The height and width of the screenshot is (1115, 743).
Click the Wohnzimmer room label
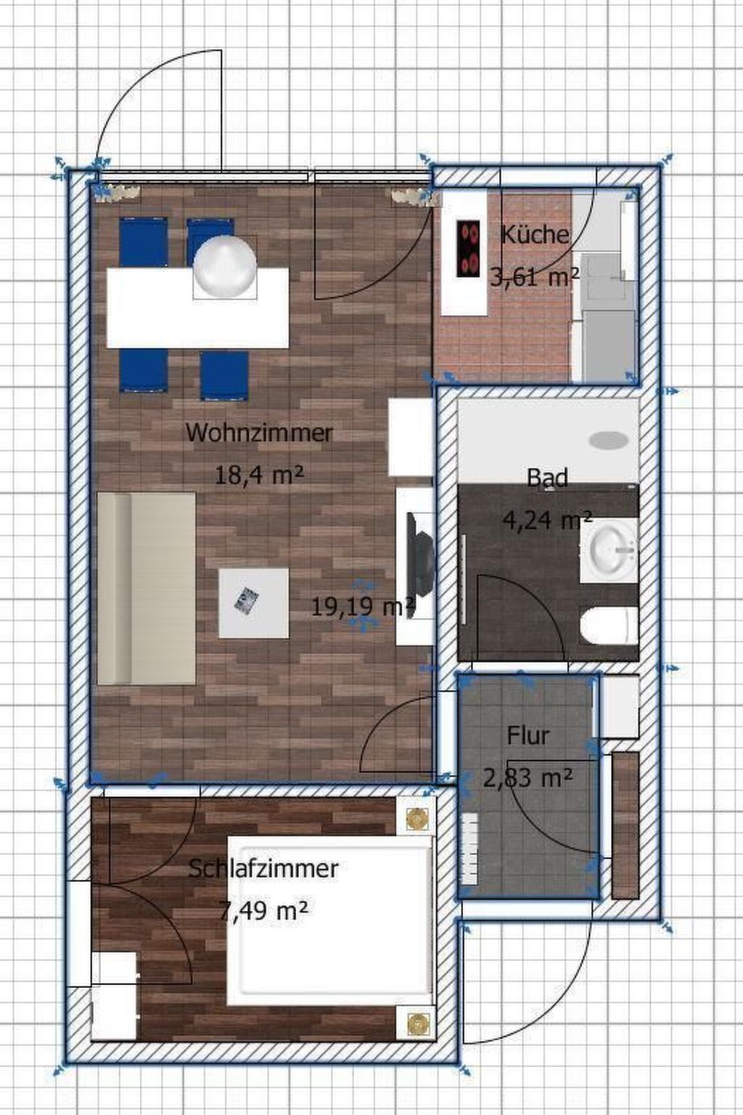[x=259, y=432]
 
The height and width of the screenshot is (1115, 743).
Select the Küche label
[x=535, y=234]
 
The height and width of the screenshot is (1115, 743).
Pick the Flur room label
[x=528, y=735]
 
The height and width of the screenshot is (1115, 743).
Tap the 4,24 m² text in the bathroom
[x=547, y=520]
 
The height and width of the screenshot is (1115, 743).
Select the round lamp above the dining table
[x=225, y=267]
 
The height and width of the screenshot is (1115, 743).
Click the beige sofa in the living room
[x=147, y=589]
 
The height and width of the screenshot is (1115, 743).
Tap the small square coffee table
[x=254, y=603]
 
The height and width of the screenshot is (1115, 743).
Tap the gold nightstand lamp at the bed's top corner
[x=416, y=819]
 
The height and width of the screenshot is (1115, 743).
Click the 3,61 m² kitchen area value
[x=535, y=277]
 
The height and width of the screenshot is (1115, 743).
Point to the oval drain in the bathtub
[x=608, y=440]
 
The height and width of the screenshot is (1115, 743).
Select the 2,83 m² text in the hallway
[x=528, y=777]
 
